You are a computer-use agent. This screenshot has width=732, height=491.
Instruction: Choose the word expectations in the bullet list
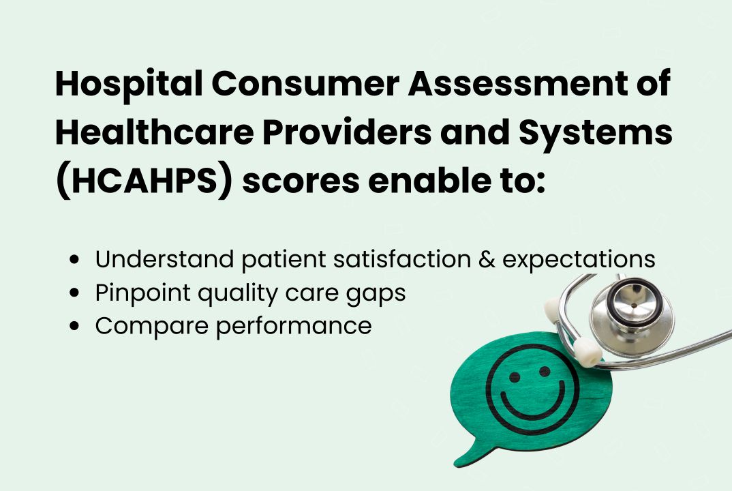tap(586, 261)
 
